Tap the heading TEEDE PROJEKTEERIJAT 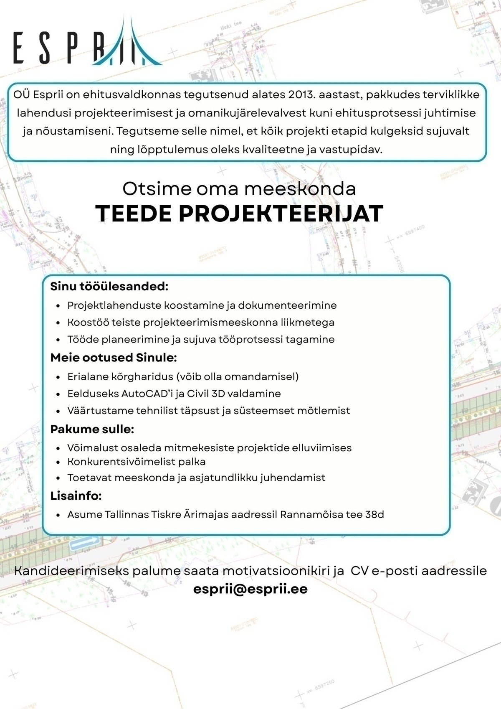239,213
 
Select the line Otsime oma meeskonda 239,189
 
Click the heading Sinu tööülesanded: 109,287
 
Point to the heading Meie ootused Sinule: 114,358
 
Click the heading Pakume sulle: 92,429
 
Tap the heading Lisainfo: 76,496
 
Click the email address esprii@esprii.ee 250,589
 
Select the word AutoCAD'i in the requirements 152,394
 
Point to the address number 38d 374,514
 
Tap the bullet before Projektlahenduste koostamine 58,306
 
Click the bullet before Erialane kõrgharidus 58,377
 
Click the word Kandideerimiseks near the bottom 71,571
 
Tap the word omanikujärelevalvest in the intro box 247,113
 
